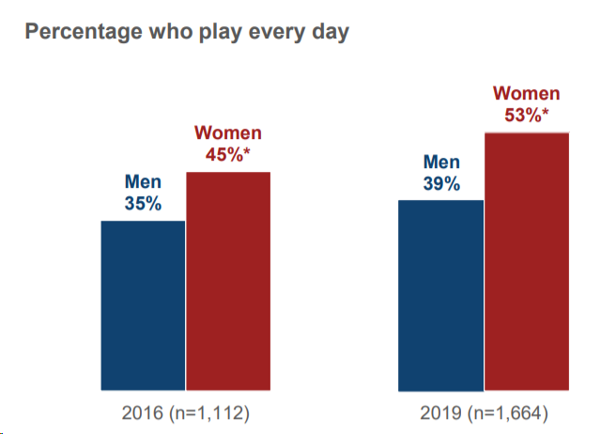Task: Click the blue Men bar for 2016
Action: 143,305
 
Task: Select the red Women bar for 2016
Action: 228,281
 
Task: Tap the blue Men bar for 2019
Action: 440,296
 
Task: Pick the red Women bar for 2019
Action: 527,261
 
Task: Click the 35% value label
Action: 143,204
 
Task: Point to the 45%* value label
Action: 227,154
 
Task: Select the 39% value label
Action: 441,183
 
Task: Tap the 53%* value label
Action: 526,115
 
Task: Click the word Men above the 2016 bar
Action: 143,181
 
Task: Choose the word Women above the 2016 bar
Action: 228,133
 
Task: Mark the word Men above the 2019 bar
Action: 441,162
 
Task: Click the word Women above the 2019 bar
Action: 527,94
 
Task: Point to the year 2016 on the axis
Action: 143,413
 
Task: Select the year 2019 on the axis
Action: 440,413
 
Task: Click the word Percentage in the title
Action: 84,32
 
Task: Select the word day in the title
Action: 331,33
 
